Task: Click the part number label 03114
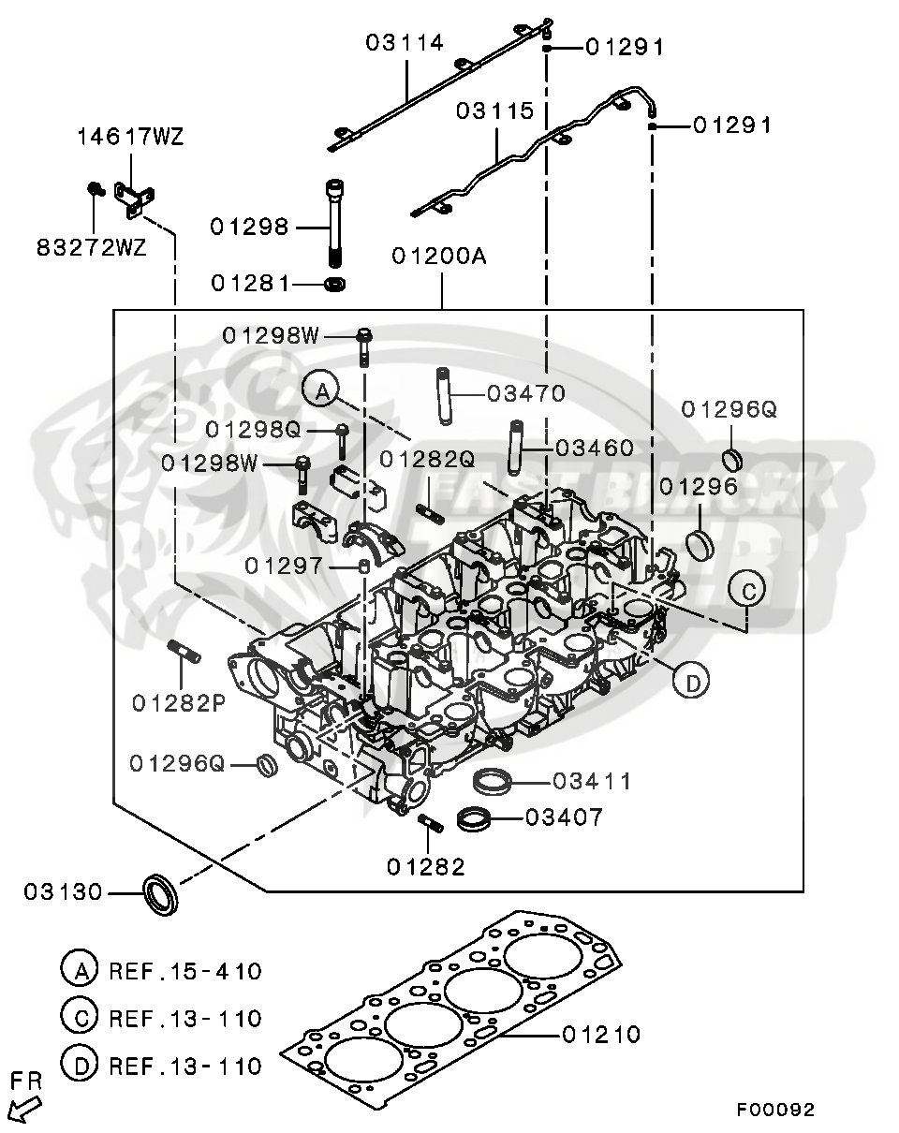point(404,42)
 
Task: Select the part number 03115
point(494,111)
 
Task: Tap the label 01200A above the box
point(439,256)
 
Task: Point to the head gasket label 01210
point(602,1034)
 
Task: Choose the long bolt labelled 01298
point(334,225)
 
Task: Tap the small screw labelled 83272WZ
point(94,190)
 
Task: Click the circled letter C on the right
point(748,591)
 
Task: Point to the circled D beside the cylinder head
point(692,684)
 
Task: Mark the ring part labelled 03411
point(493,780)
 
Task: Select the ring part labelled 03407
point(476,818)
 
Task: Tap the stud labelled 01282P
point(183,654)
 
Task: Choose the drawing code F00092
point(774,1110)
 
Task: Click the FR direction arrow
point(25,1111)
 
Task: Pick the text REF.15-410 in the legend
point(185,970)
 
